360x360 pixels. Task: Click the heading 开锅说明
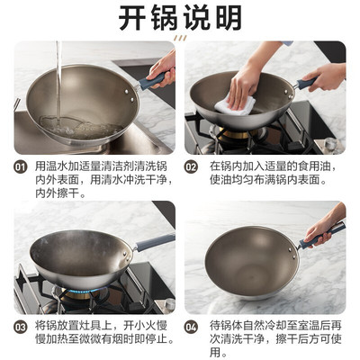[x=180, y=18]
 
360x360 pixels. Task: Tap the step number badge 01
[x=20, y=166]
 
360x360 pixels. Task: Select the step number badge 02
[x=191, y=166]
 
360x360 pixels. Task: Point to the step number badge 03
[x=20, y=327]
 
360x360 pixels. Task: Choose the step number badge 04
[x=191, y=327]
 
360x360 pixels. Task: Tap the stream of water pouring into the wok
[x=58, y=81]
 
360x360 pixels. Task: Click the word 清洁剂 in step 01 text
[x=112, y=166]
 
